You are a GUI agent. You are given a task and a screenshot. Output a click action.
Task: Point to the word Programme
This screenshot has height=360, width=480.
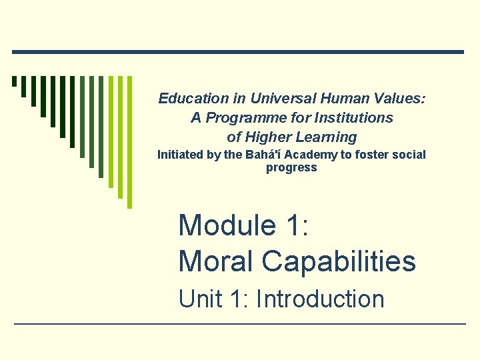tap(236, 118)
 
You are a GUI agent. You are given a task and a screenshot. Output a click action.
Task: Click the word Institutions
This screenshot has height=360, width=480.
tap(356, 118)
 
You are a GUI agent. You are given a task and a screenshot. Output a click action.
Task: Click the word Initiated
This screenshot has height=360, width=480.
tap(180, 155)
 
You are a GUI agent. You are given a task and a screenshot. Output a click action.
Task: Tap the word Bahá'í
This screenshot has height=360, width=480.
tap(257, 155)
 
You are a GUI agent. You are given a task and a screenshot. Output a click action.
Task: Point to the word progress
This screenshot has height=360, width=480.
tap(291, 167)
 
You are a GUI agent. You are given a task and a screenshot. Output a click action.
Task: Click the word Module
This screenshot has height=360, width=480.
tap(227, 225)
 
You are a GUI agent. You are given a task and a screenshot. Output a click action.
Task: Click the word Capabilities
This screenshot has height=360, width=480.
tap(339, 261)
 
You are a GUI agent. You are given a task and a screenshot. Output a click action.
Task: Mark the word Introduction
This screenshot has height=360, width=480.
tap(320, 299)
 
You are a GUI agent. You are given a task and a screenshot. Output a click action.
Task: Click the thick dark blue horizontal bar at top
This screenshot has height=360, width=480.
tap(237, 52)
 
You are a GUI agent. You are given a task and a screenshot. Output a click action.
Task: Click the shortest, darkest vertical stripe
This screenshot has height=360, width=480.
tap(14, 82)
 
